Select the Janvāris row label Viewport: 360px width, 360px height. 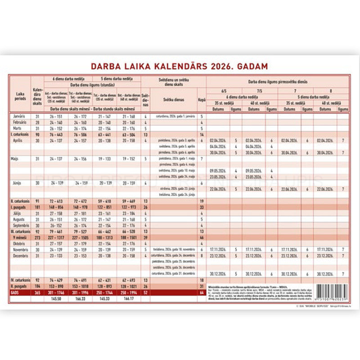[18, 116]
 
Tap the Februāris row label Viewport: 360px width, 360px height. [18, 122]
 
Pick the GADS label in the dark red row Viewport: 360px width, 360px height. [16, 292]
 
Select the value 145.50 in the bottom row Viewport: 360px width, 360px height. [56, 298]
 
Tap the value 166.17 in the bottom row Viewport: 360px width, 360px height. [129, 298]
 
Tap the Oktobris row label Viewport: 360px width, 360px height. [18, 243]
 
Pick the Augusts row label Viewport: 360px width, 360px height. [18, 219]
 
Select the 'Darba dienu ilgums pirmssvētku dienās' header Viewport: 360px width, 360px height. [278, 82]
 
